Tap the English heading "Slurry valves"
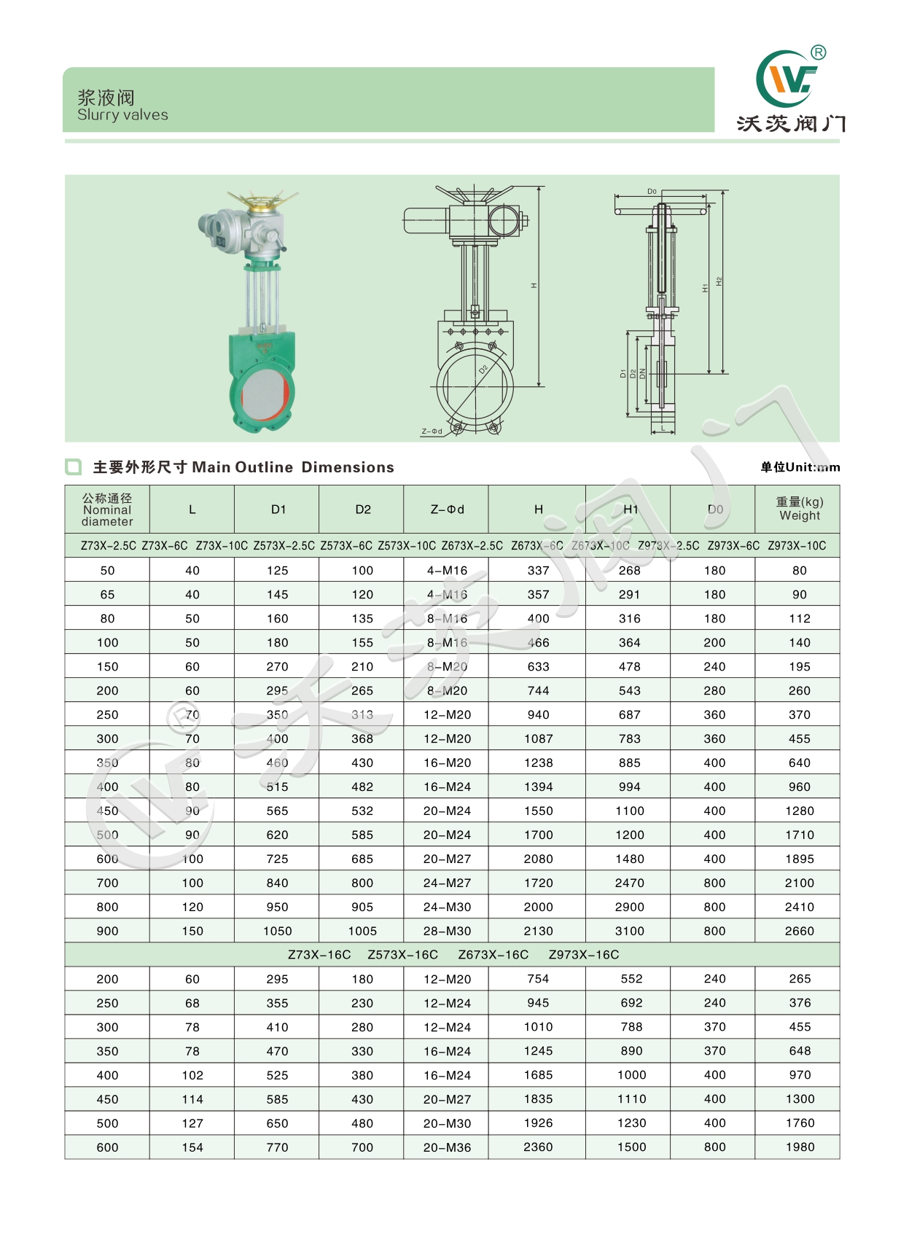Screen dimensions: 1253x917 tap(122, 115)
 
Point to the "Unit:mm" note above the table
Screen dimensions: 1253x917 tap(800, 467)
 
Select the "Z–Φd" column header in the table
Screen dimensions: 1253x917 tap(447, 510)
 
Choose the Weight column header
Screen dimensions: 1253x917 tap(799, 509)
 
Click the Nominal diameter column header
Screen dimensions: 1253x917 tap(107, 510)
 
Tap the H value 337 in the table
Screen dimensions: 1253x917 tap(538, 570)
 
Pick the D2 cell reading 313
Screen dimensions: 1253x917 tap(362, 714)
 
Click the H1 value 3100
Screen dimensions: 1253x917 tap(629, 931)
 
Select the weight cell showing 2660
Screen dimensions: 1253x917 tap(799, 931)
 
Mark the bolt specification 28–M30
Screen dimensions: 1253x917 tap(447, 931)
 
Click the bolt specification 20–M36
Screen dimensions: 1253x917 tap(447, 1147)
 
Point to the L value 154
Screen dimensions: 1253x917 tap(192, 1147)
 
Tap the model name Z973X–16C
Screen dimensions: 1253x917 tap(583, 955)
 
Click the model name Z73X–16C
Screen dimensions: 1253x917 tap(319, 955)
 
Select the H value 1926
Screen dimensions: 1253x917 tap(538, 1123)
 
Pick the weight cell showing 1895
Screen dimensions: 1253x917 tap(799, 859)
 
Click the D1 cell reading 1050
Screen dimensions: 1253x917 tap(277, 931)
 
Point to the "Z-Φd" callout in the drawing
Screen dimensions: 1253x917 tap(432, 432)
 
